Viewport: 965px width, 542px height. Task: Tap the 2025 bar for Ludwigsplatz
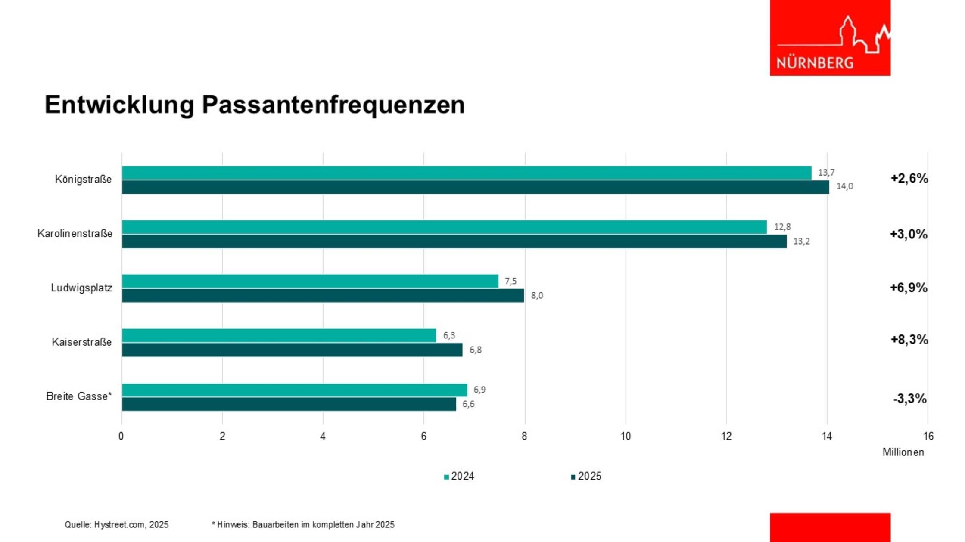coord(323,296)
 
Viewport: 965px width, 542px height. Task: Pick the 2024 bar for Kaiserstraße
coord(279,335)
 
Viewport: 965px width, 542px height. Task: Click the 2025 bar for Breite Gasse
coord(289,404)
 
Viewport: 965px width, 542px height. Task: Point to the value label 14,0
coord(844,186)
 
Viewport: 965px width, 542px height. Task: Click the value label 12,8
coord(782,227)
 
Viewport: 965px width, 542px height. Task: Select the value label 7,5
coord(511,281)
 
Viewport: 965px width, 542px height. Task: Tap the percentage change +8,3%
coord(909,340)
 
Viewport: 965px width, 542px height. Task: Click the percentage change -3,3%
coord(909,399)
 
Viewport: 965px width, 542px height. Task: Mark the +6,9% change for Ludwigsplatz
coord(909,288)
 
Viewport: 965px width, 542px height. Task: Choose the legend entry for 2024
coord(459,476)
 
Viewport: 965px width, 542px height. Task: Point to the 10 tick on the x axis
coord(626,436)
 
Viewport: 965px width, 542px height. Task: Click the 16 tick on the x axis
coord(928,436)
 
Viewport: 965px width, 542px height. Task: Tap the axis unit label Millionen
coord(903,452)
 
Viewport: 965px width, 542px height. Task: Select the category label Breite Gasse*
coord(79,396)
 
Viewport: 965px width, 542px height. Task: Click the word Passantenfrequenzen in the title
coord(333,105)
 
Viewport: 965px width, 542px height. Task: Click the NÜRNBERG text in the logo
coord(815,63)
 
